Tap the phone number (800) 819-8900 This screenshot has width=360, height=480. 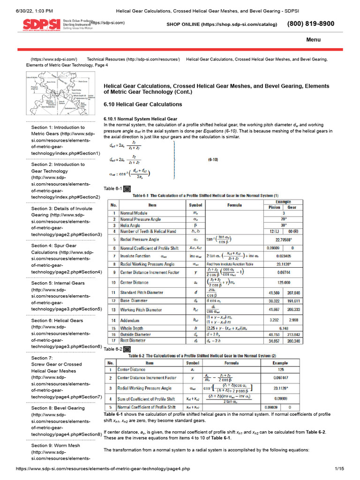tap(310, 23)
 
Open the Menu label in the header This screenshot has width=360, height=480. tap(313, 40)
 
